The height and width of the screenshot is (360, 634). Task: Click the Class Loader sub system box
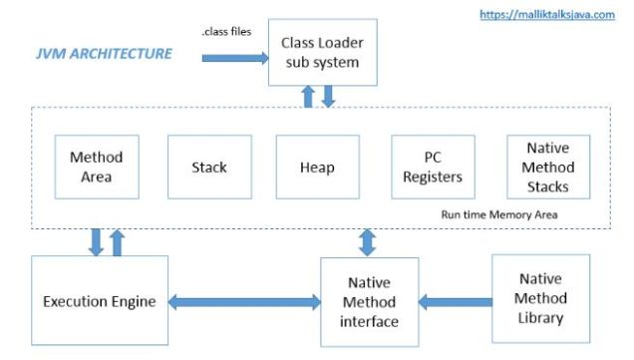tap(323, 52)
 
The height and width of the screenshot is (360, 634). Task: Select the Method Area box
tap(97, 167)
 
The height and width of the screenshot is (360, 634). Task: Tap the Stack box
tap(209, 167)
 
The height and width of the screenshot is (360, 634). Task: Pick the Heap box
tap(317, 167)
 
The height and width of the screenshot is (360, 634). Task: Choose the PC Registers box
tap(433, 167)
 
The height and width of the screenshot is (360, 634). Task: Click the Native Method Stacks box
tap(548, 167)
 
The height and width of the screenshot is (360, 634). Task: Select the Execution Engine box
tap(100, 300)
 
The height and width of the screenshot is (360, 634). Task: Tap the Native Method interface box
tap(369, 302)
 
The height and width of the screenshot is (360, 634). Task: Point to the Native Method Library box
tap(540, 298)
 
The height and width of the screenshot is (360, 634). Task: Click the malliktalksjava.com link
tap(547, 15)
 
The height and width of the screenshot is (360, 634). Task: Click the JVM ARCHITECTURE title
tap(104, 54)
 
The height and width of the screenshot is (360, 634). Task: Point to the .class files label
tap(226, 31)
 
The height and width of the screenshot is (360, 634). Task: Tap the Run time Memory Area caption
tap(499, 214)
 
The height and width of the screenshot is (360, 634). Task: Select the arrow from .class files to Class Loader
tap(235, 58)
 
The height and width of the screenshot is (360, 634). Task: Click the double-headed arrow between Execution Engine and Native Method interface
tap(244, 302)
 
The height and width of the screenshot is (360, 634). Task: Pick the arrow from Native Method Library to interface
tap(456, 302)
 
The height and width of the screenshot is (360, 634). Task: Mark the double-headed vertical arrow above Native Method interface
tap(367, 242)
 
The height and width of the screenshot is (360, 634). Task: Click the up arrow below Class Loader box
tap(308, 97)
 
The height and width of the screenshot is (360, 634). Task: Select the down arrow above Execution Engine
tap(96, 242)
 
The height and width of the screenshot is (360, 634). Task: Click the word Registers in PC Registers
tap(433, 178)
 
